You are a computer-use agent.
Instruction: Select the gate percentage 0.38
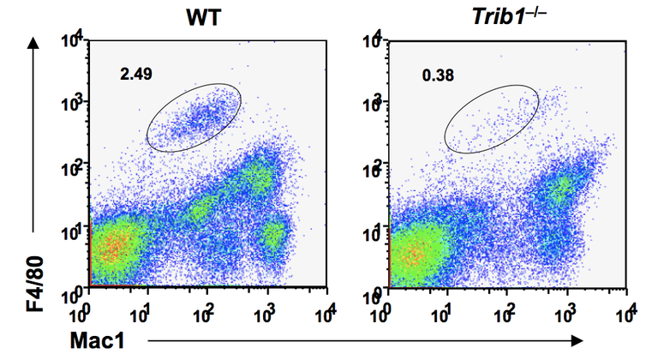click(437, 75)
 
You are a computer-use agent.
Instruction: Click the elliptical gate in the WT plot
click(194, 117)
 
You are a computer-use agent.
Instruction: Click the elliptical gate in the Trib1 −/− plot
click(493, 117)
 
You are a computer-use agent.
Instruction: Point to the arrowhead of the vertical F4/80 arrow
click(33, 43)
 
